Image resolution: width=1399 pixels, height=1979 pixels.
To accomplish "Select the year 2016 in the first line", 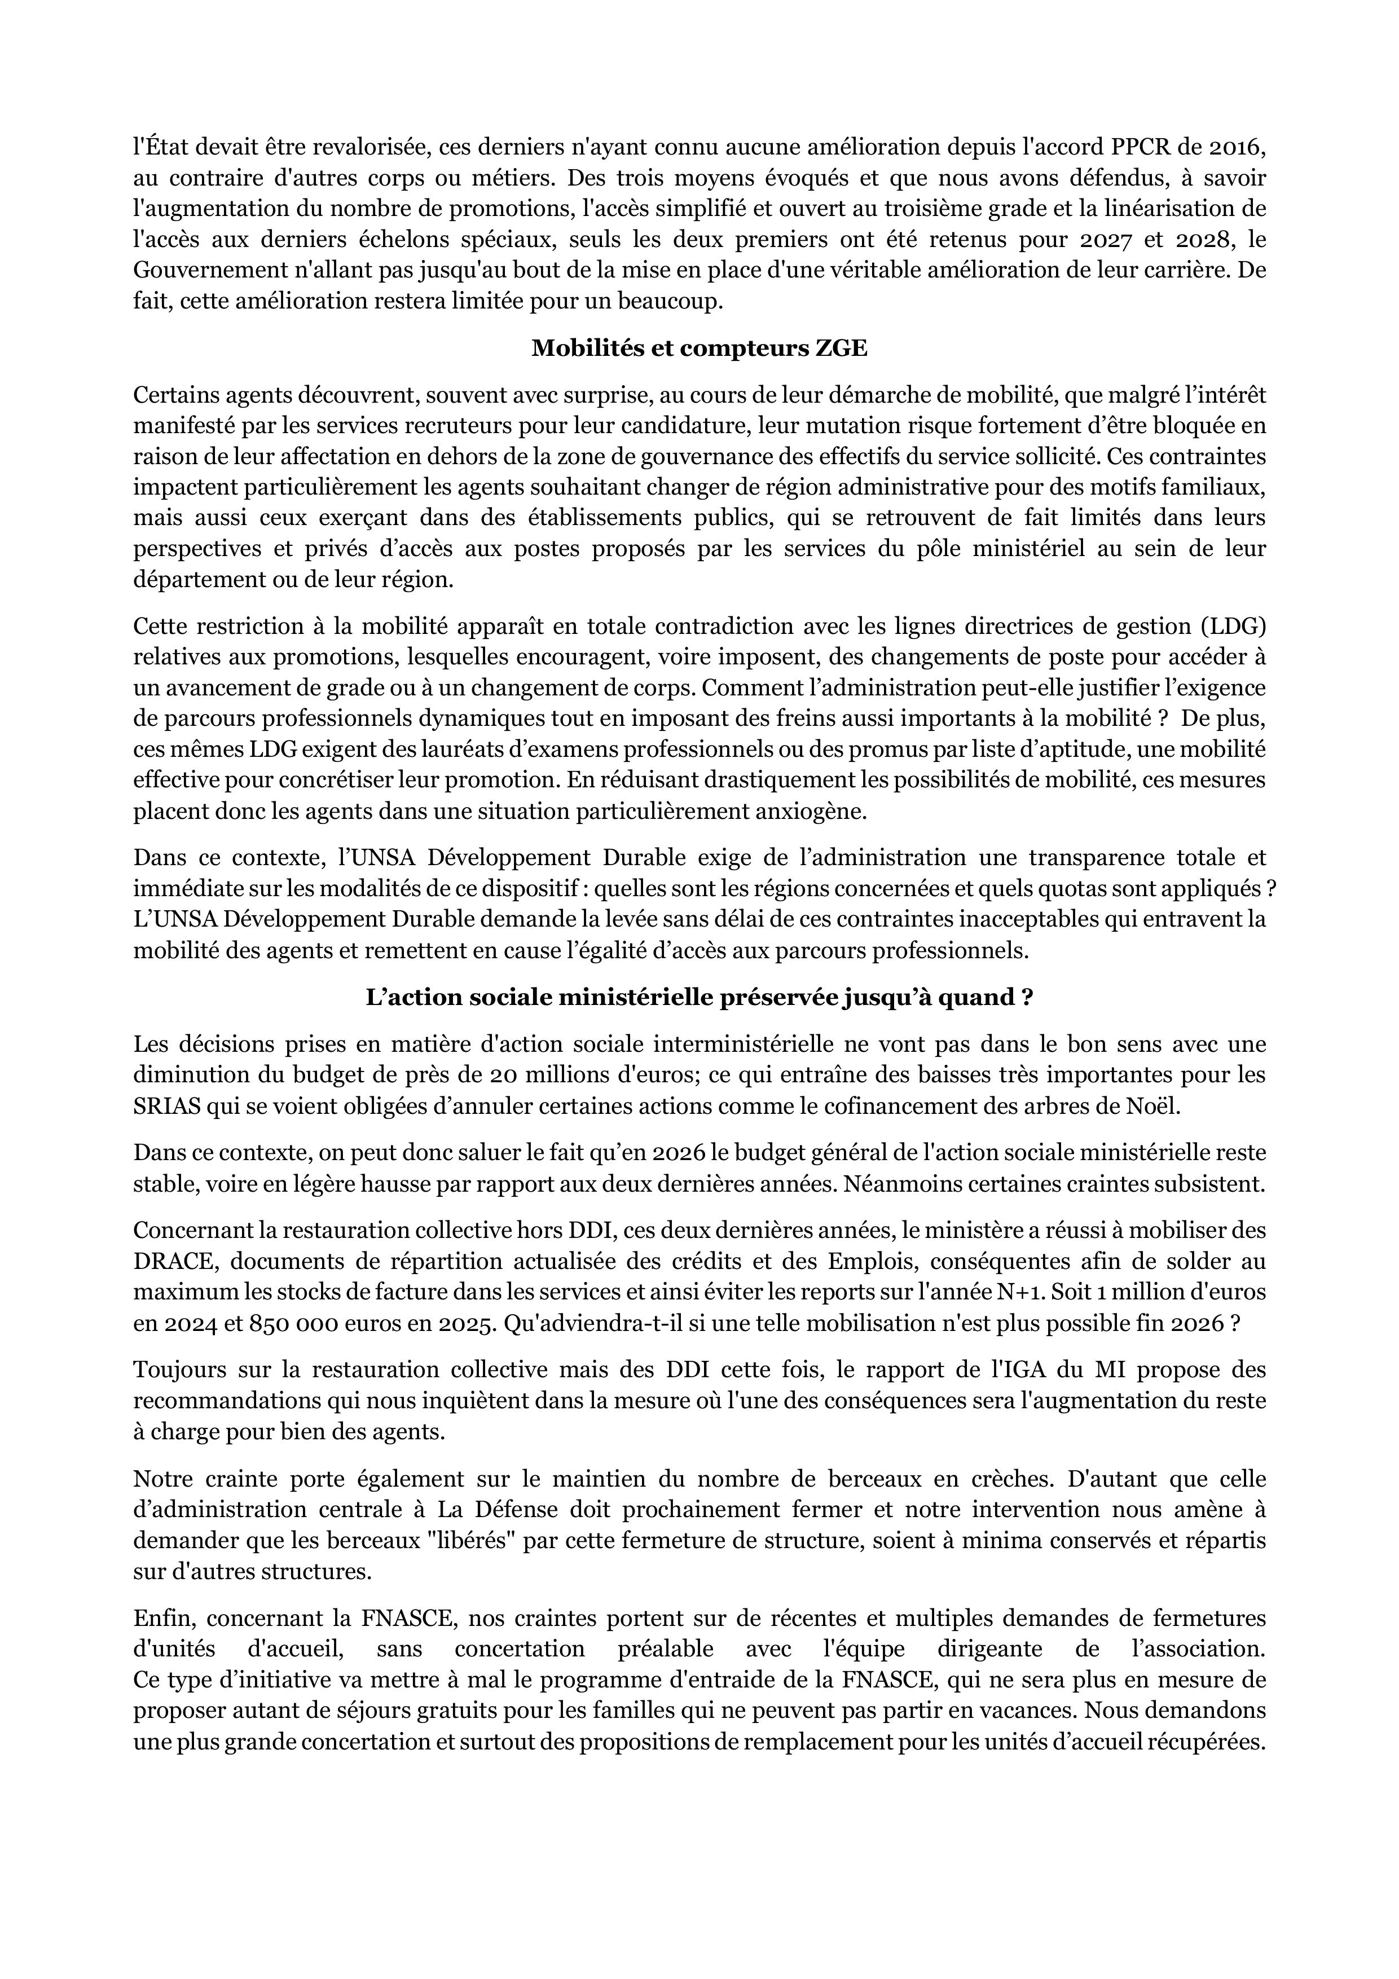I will coord(1238,147).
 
